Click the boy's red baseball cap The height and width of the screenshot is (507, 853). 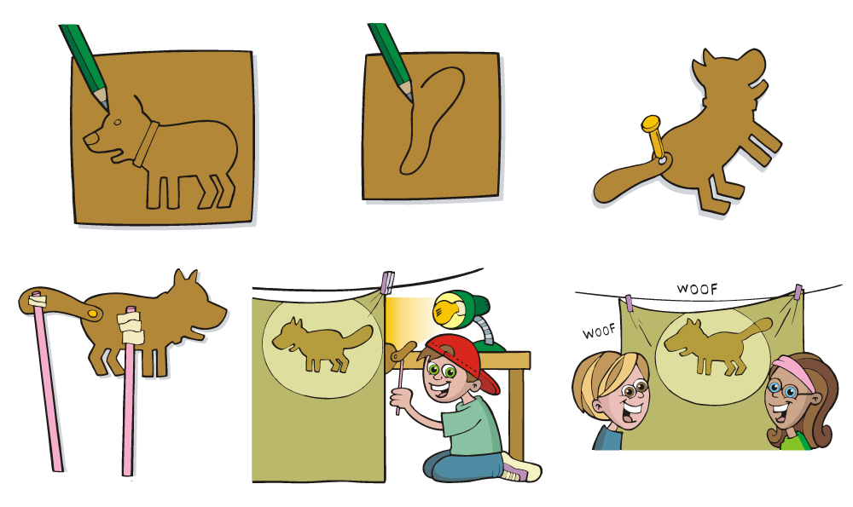466,359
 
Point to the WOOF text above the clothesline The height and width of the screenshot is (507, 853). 697,289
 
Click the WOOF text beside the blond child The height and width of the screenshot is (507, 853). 599,331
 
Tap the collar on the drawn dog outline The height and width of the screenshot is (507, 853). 146,144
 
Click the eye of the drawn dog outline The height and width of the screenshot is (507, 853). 118,122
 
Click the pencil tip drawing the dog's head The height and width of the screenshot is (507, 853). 104,105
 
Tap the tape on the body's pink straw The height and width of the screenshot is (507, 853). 131,328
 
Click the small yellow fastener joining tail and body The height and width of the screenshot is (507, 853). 93,314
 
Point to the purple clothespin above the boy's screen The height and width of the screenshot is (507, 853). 386,283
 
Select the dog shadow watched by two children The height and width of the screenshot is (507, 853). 717,346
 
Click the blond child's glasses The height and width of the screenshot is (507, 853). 631,389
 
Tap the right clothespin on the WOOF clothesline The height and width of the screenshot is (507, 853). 798,292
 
